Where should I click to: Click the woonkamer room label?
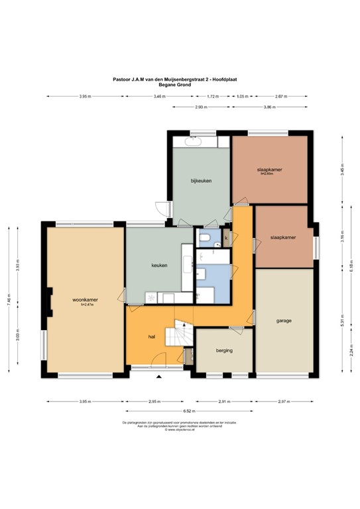pos(85,300)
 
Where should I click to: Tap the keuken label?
pos(159,265)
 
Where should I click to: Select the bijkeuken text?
pos(201,180)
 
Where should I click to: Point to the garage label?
pos(284,321)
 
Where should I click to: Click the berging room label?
pos(224,350)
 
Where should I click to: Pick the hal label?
pos(152,337)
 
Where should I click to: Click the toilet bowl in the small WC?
pos(206,238)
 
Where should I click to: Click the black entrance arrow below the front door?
pos(158,376)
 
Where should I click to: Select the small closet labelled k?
pos(226,237)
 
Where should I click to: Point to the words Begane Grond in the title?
pos(175,85)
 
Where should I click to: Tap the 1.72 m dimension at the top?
pos(212,97)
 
